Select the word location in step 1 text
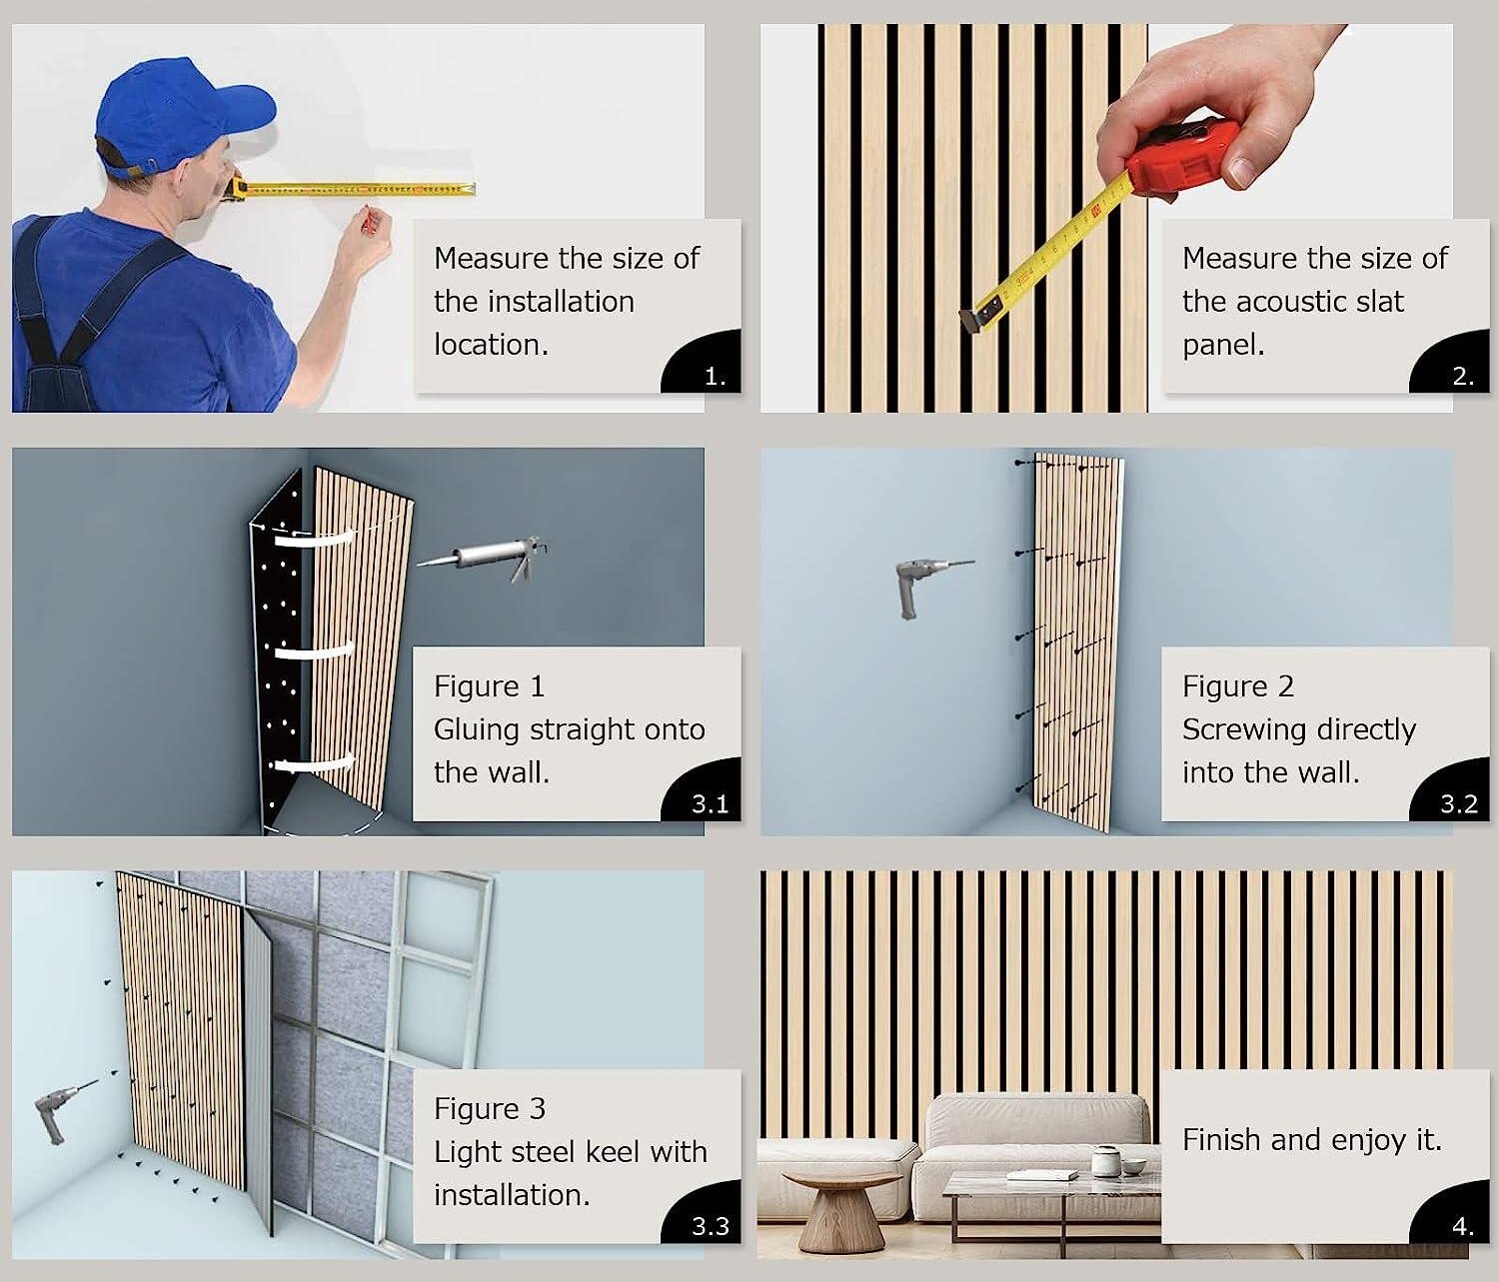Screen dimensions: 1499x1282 pyautogui.click(x=491, y=345)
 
